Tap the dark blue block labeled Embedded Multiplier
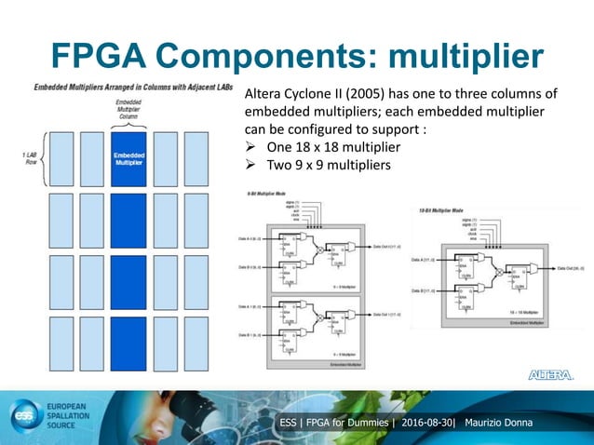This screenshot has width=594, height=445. (128, 158)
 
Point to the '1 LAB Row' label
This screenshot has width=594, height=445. (27, 155)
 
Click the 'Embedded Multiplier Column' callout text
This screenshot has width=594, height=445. (128, 109)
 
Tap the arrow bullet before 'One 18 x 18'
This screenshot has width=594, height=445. (250, 149)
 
